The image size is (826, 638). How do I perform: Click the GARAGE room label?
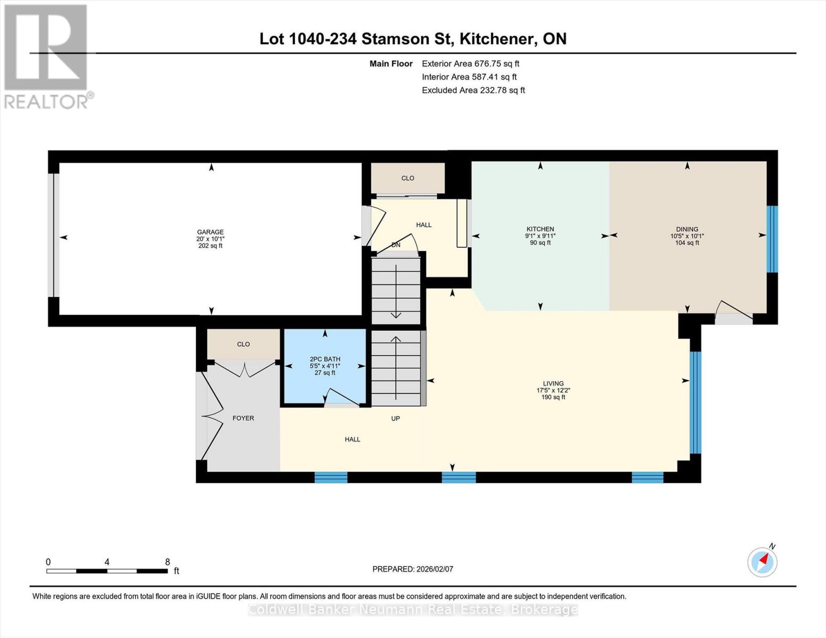pos(210,232)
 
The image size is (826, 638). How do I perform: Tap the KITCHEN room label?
pos(540,229)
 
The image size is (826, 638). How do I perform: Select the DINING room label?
pos(687,229)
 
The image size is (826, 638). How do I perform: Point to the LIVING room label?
pos(553,383)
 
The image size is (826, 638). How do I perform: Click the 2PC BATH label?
pos(325,359)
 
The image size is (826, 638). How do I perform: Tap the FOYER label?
pos(243,418)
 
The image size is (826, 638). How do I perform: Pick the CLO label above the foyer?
pos(243,345)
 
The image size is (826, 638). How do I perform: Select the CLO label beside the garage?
pos(407,178)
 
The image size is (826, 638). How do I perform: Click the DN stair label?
pos(396,245)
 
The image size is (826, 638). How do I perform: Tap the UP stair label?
pos(395,418)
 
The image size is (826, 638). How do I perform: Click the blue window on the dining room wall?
pos(772,239)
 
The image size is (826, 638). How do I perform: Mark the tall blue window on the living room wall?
pos(695,402)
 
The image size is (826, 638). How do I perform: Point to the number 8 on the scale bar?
pos(168,562)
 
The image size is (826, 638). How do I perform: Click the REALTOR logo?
pos(47,56)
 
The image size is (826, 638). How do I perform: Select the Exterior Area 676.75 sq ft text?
pos(470,64)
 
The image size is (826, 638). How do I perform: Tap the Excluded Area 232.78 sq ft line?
pos(473,90)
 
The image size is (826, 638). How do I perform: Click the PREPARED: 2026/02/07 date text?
pos(413,569)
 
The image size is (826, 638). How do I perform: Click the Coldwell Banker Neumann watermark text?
pos(413,610)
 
